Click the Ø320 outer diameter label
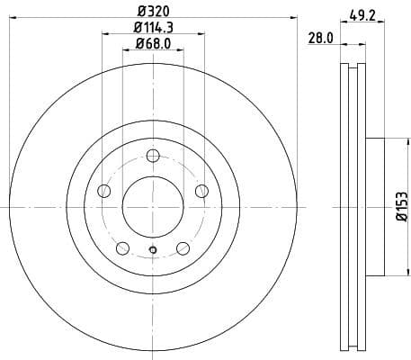tap(152, 12)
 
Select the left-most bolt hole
tap(103, 191)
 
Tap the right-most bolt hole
tap(201, 190)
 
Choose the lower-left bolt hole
tap(121, 248)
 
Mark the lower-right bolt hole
tap(183, 248)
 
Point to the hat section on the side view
tap(375, 206)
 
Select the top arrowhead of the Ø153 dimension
tap(393, 140)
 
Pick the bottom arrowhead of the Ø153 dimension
tap(393, 273)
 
